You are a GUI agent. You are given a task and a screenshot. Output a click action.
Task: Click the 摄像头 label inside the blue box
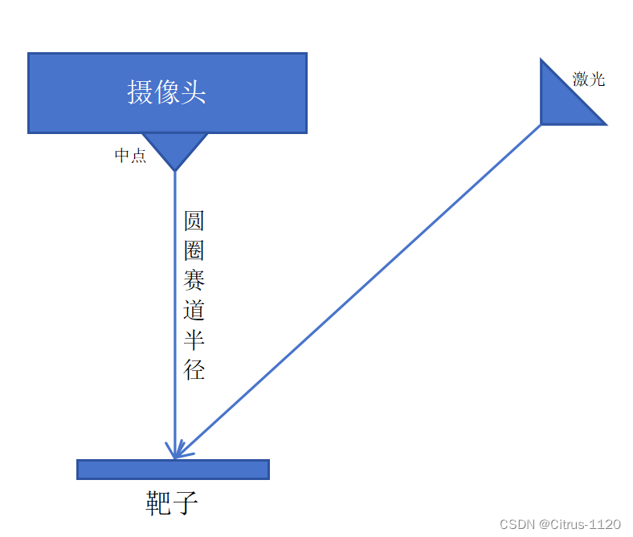coord(166,92)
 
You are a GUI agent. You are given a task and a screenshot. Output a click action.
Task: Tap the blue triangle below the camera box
coord(174,148)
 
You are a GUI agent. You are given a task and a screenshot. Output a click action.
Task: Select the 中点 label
coord(130,156)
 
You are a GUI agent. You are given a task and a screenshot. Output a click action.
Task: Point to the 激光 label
coord(588,79)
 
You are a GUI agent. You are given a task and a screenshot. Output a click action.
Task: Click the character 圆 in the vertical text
coord(194,222)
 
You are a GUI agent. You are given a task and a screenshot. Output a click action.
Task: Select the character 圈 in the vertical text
coord(194,251)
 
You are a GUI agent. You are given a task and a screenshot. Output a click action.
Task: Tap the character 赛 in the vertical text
coord(194,281)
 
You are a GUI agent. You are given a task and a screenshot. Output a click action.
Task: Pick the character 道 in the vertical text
coord(194,311)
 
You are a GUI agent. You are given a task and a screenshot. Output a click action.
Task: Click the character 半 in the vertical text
coord(194,340)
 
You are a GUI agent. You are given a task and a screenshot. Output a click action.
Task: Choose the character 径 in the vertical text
coord(194,369)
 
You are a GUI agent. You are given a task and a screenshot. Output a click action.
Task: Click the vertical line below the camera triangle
coord(175,321)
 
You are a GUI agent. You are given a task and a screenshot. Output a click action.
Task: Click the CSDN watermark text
coord(517,524)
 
